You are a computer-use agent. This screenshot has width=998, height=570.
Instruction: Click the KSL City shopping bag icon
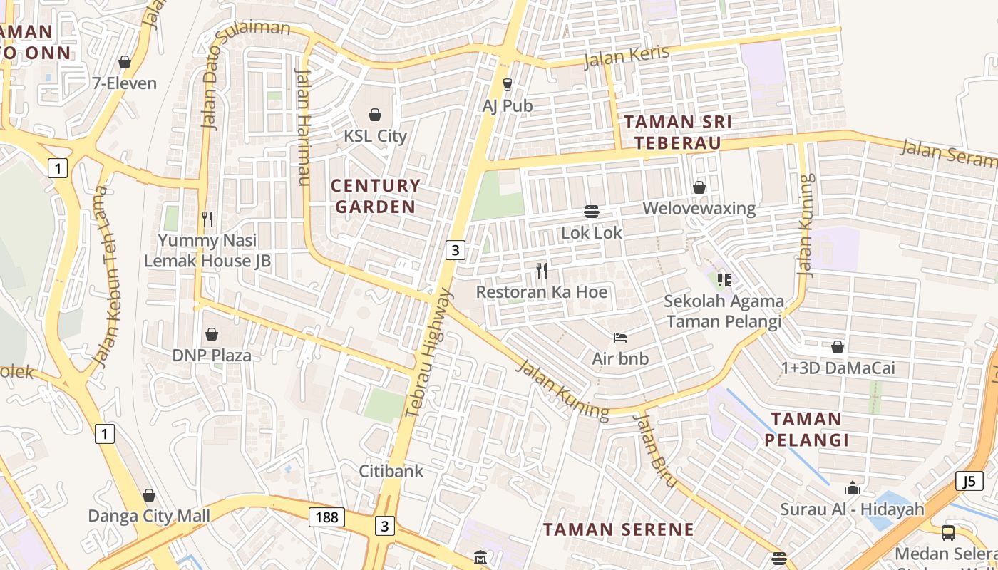tap(375, 115)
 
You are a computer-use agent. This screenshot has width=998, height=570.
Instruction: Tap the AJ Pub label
tap(508, 105)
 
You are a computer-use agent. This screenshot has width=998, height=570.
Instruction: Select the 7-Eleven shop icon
tap(125, 63)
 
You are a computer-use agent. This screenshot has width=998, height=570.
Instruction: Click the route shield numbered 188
tap(326, 517)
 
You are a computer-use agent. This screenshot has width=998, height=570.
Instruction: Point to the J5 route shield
tap(968, 481)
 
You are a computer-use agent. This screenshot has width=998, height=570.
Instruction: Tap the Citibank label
tap(391, 471)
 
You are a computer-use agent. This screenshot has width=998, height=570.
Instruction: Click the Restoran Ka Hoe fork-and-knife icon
tap(542, 271)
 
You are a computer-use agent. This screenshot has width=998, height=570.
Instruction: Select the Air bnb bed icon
tap(620, 337)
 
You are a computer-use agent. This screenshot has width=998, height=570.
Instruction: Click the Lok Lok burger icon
tap(591, 212)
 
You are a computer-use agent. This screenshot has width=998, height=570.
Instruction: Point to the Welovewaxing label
tap(699, 208)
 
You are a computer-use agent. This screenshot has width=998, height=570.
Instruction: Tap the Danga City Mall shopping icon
tap(149, 494)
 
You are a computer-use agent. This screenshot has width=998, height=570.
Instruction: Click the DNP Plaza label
tap(212, 355)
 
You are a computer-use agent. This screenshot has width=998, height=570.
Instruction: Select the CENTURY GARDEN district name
tap(376, 196)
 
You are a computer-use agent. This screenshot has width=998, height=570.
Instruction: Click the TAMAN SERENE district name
tap(618, 529)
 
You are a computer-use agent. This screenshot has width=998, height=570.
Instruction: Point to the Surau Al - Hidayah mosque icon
tap(852, 489)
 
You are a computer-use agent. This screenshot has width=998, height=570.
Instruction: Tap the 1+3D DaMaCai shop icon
tap(838, 347)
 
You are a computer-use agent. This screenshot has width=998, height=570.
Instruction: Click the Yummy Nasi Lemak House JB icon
tap(207, 219)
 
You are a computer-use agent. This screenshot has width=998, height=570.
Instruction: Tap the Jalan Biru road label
tap(654, 450)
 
